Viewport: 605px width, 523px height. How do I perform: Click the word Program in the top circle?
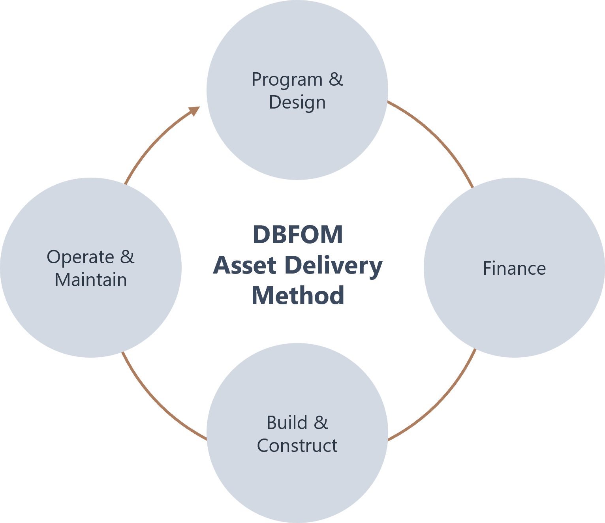click(287, 80)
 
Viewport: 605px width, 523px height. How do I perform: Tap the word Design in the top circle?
click(297, 102)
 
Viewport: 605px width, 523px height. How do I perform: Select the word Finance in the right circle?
click(514, 268)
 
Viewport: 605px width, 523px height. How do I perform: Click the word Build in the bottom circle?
click(287, 423)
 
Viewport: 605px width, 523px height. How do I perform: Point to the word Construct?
click(297, 446)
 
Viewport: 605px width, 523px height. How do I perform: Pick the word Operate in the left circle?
click(81, 257)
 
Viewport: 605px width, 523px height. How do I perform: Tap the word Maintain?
click(91, 280)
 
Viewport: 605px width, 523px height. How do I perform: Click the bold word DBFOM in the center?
click(298, 234)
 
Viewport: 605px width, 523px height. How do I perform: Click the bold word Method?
click(298, 296)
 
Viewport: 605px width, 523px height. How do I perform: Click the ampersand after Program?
click(336, 79)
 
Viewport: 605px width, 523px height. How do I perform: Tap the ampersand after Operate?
click(127, 257)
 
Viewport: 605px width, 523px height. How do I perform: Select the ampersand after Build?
click(321, 423)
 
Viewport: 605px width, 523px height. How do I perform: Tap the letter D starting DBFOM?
click(261, 234)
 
